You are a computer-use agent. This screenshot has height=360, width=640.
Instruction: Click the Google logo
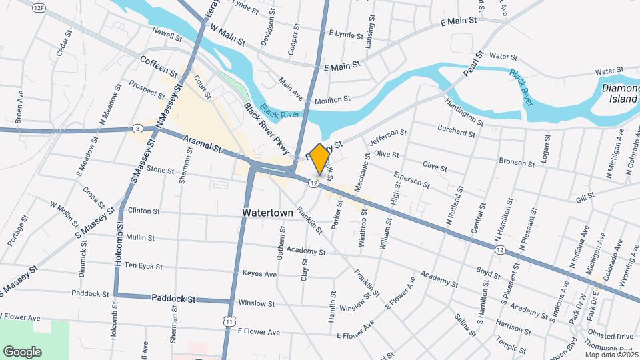pos(22,351)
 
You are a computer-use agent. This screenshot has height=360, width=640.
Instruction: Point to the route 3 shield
pos(137,128)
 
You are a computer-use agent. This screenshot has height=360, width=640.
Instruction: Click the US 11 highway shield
pos(230,321)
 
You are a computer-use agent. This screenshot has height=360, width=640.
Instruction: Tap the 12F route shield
pos(40,7)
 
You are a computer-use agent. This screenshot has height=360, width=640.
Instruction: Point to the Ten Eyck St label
pos(143,266)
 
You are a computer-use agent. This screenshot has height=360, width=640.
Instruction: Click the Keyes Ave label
pos(259,274)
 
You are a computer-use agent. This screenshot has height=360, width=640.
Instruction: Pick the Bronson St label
pos(517,162)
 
